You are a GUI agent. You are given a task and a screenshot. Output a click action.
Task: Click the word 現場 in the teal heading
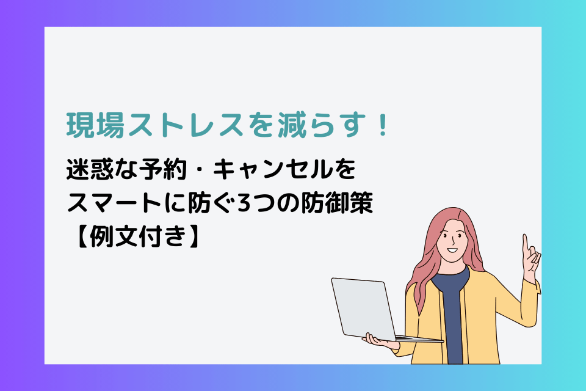click(x=95, y=125)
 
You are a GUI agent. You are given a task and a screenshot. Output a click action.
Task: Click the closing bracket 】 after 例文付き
click(x=195, y=236)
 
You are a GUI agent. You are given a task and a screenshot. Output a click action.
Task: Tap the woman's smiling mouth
click(x=452, y=250)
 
